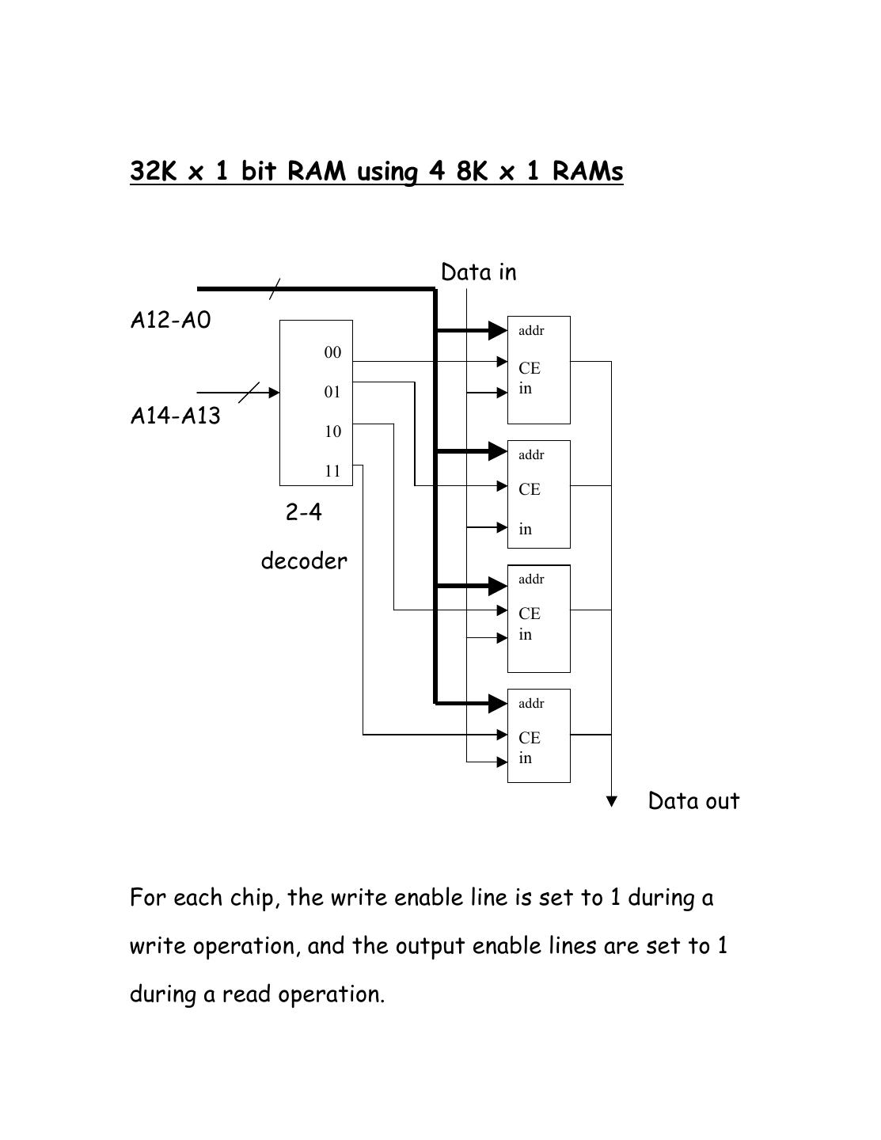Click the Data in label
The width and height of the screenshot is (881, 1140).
click(x=478, y=272)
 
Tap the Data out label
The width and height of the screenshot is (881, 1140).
click(x=693, y=801)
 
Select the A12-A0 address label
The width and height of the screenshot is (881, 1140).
click(x=170, y=321)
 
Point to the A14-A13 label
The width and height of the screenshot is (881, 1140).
click(x=175, y=416)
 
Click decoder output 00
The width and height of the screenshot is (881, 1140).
click(x=332, y=353)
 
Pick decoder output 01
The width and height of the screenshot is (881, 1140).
click(x=332, y=393)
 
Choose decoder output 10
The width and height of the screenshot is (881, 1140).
click(x=332, y=432)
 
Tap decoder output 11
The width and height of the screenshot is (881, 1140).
click(x=332, y=472)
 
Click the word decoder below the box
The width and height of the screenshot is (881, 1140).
click(x=304, y=561)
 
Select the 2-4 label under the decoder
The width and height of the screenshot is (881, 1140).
click(x=304, y=513)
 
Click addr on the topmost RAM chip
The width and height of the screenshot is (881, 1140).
click(x=531, y=331)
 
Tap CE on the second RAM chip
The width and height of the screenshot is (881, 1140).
click(x=530, y=490)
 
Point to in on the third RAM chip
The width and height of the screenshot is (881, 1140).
click(x=526, y=635)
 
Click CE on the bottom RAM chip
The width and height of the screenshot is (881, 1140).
click(x=530, y=738)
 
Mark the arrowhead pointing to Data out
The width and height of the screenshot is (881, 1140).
click(x=611, y=801)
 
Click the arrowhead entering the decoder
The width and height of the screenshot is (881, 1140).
click(x=275, y=393)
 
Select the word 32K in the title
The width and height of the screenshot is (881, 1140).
click(x=153, y=171)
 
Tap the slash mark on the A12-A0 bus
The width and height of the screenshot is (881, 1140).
click(x=274, y=289)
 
